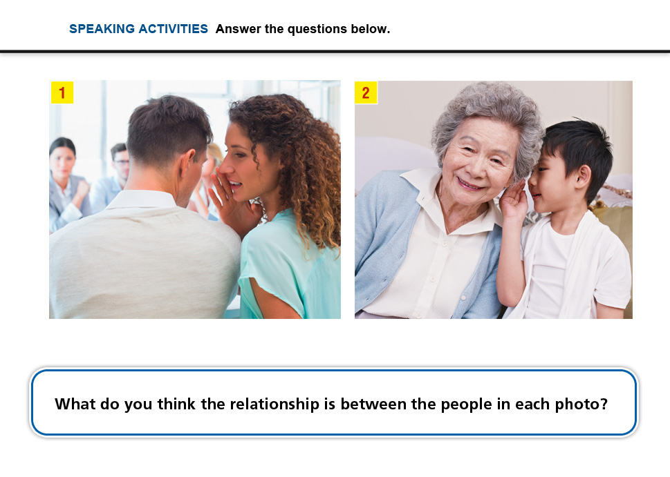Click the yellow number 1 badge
tap(62, 93)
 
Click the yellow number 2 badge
tap(366, 93)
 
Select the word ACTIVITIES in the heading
tap(173, 29)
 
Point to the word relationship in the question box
tap(274, 404)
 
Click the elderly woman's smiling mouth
tap(469, 184)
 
